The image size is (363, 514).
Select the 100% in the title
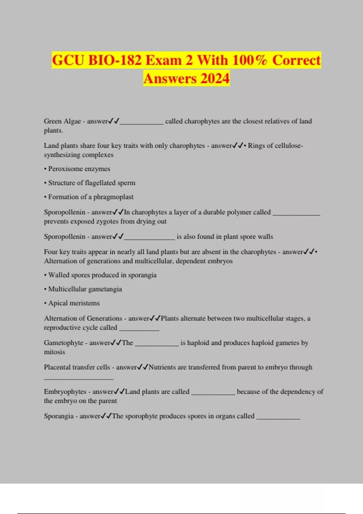[x=250, y=60]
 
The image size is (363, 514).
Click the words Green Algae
[x=62, y=121]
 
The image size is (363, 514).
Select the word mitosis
[x=54, y=352]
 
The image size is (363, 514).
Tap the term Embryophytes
[x=65, y=392]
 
